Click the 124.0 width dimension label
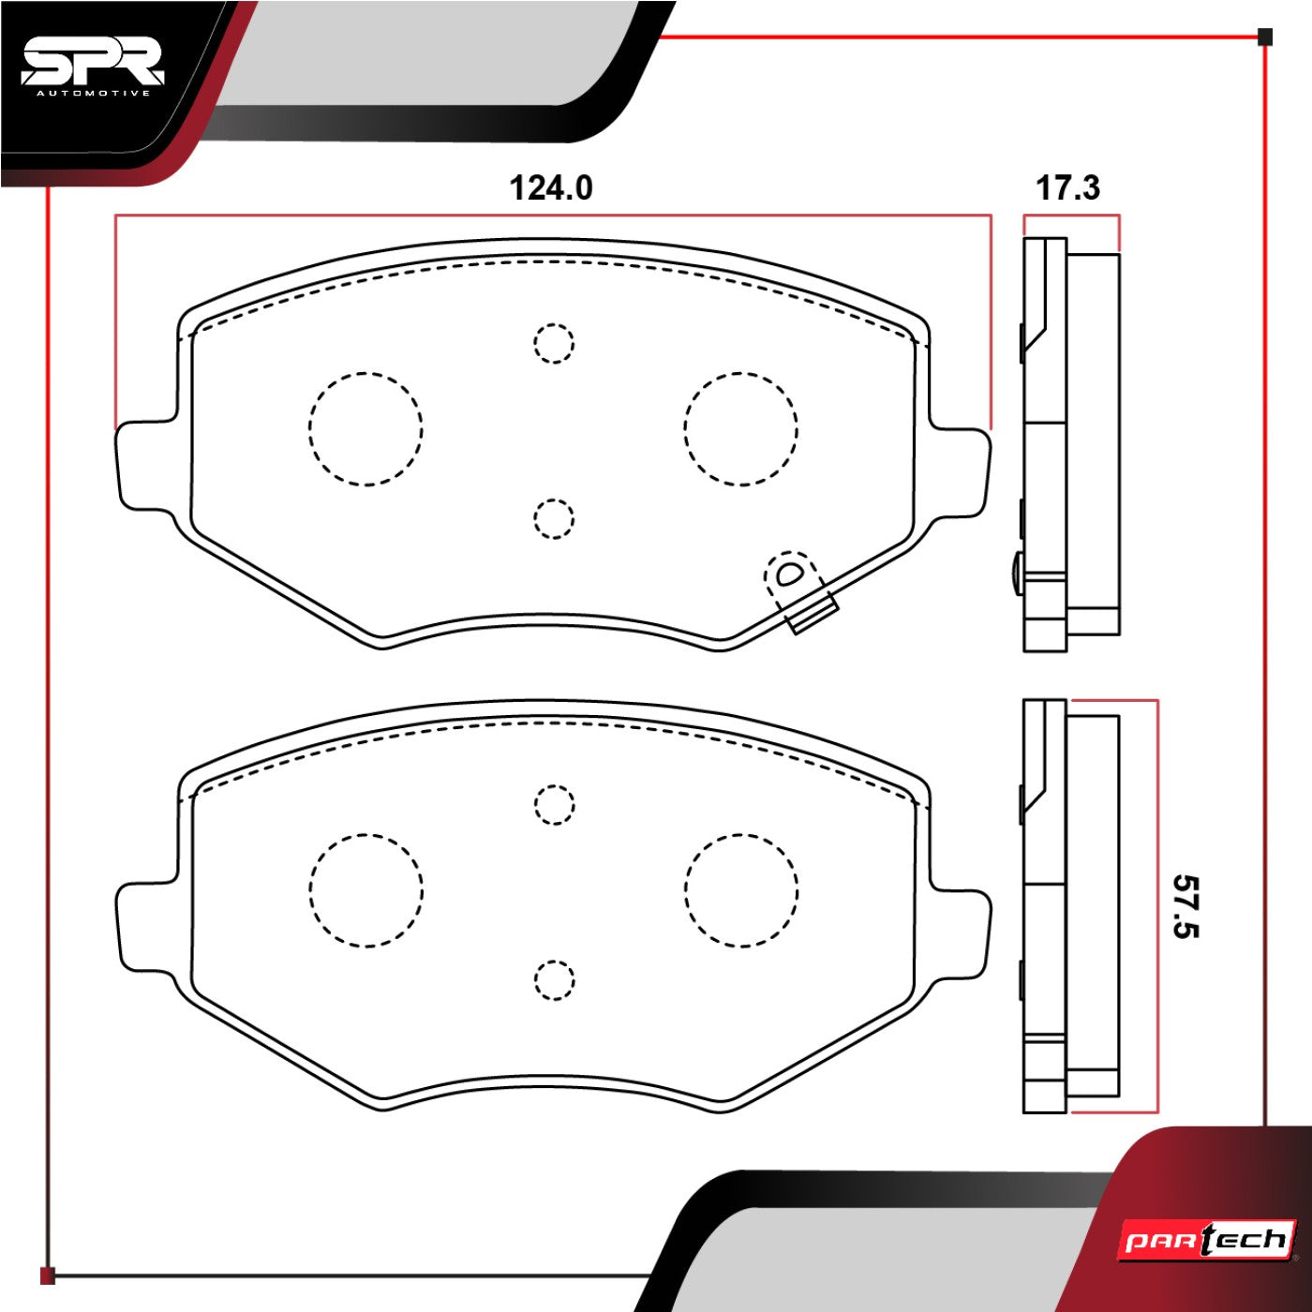pos(551,188)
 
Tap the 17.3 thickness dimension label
pos(1067,188)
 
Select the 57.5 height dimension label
pos(1185,907)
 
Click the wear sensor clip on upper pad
pos(800,591)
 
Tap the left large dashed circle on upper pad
pos(365,429)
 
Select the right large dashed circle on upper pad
pos(740,429)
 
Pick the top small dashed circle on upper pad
pos(554,343)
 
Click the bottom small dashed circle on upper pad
pos(554,519)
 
